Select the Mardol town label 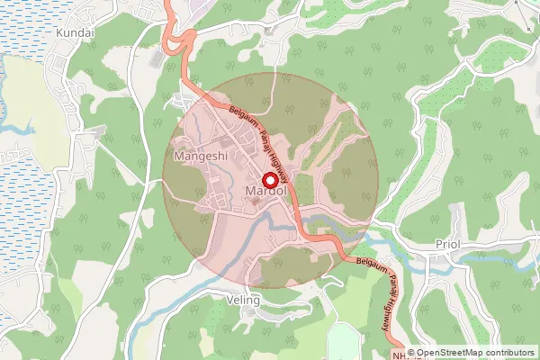(x=267, y=192)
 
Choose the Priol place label (x=450, y=244)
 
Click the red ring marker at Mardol (x=268, y=178)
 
